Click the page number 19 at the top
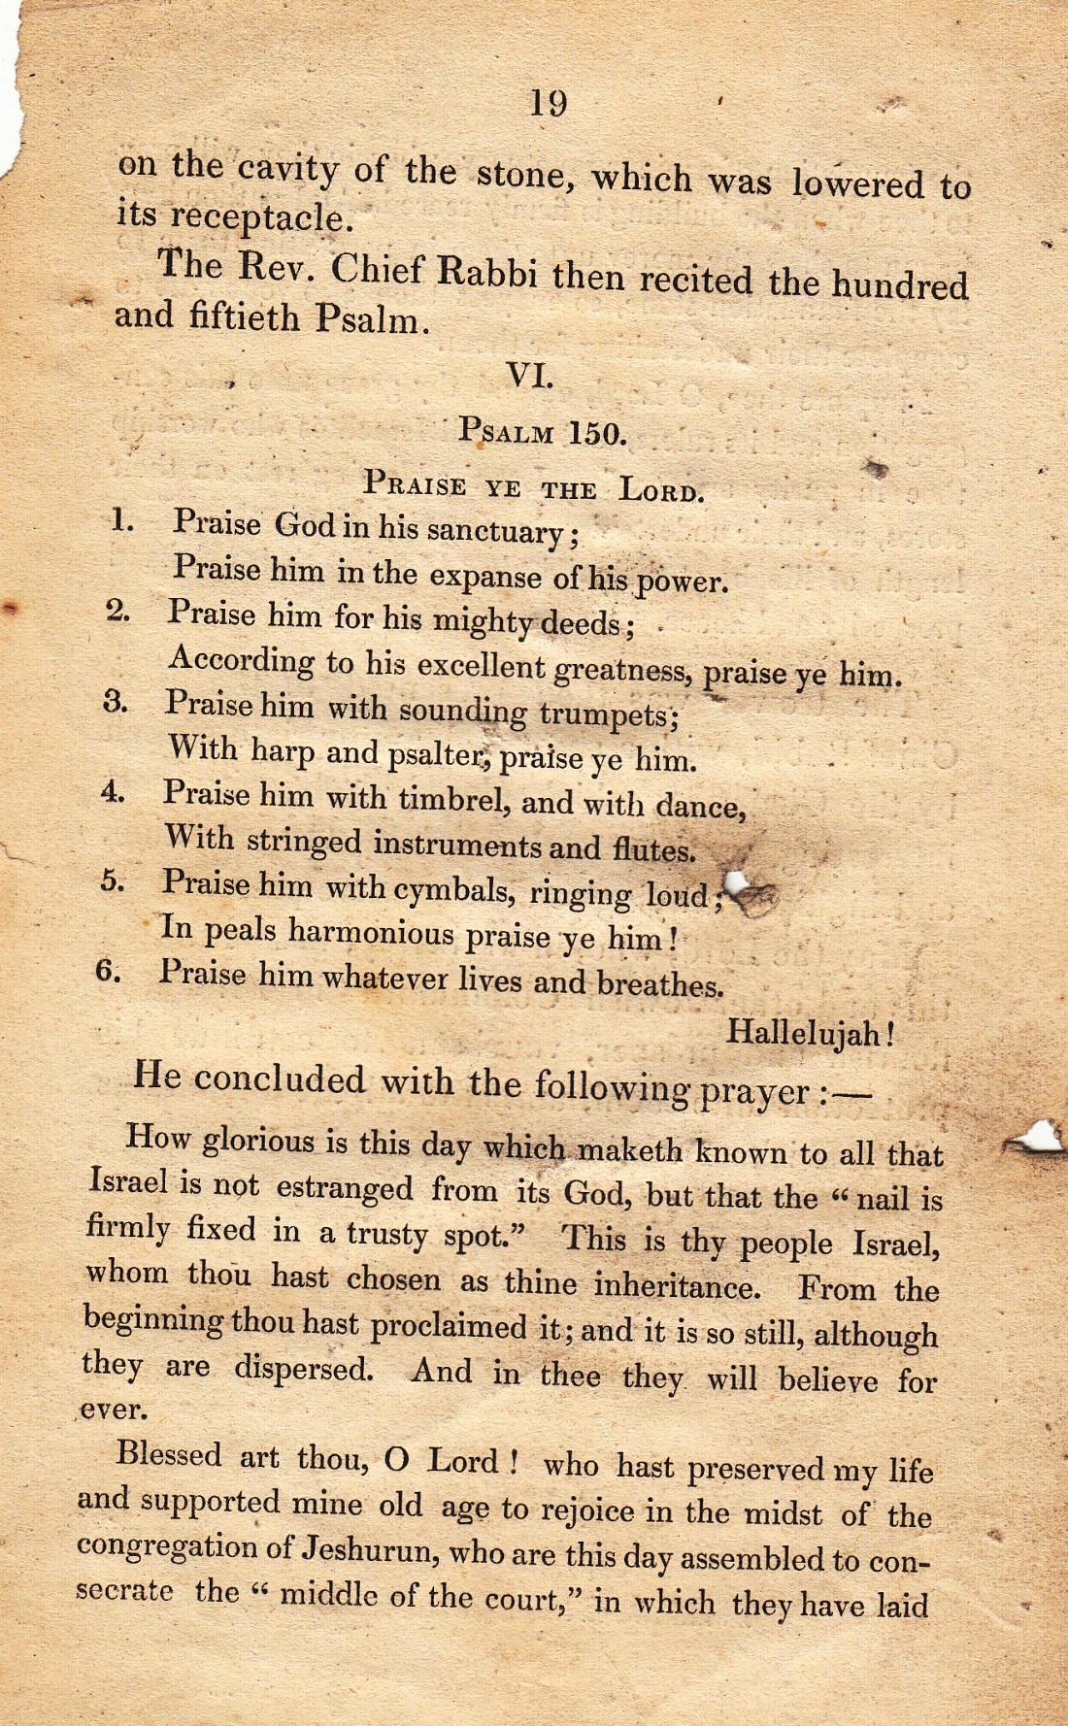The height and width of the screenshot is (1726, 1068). [549, 102]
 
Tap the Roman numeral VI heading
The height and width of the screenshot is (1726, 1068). [529, 376]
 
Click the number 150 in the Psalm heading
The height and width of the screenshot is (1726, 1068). [596, 433]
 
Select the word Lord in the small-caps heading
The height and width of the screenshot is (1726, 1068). [661, 488]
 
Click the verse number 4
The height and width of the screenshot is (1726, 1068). [113, 791]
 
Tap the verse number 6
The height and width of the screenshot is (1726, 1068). [108, 970]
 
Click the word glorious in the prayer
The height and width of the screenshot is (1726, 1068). [257, 1140]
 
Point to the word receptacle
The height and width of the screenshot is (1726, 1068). [259, 217]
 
